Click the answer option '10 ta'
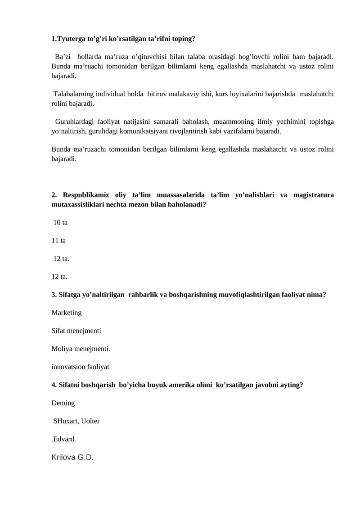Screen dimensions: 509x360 coord(60,223)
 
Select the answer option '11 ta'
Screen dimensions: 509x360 coord(59,241)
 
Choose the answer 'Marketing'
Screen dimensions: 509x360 coord(67,312)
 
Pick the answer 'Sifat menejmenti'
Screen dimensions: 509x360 coord(76,330)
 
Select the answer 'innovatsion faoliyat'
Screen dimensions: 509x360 coord(81,367)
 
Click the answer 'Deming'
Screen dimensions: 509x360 coord(63,403)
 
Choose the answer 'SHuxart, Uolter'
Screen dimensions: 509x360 coord(76,421)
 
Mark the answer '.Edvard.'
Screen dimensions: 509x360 coord(64,439)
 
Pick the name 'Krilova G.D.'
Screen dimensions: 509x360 coord(72,458)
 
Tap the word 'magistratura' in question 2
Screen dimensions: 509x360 coord(313,195)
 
